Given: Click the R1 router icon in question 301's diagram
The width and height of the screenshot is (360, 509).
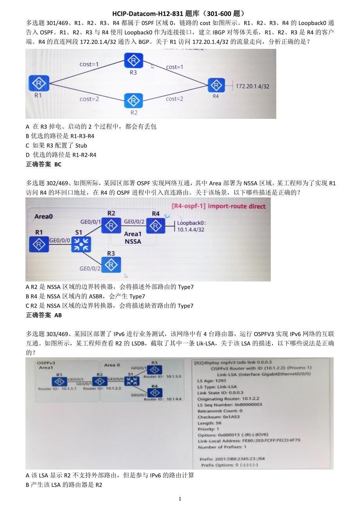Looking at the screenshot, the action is tap(39, 83).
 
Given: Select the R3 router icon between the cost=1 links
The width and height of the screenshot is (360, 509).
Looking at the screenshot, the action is tap(133, 60).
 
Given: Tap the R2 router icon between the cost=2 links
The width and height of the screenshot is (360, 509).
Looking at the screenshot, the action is tap(133, 100).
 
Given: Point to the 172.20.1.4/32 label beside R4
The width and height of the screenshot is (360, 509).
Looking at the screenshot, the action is tap(252, 86).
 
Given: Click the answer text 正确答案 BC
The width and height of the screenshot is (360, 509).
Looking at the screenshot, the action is tap(44, 164).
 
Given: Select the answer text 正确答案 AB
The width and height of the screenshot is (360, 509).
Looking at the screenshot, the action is tap(44, 315).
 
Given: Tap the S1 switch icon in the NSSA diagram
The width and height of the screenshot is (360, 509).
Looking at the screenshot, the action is tap(81, 244).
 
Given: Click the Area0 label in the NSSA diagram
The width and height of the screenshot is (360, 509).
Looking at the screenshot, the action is tap(43, 216).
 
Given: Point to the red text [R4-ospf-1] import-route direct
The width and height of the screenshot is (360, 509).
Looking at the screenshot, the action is tap(218, 206).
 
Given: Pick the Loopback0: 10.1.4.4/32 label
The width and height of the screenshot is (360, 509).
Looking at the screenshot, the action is tap(191, 226).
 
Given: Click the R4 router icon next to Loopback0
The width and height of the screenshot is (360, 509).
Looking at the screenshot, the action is tap(156, 226).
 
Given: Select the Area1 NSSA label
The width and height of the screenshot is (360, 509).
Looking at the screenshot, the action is tap(133, 238).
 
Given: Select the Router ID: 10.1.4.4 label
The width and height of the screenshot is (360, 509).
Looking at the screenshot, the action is tap(163, 399).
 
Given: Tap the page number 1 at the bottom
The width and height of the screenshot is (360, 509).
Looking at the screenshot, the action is tap(180, 498).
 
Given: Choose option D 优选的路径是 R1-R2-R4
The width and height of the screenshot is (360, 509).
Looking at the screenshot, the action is tap(61, 155).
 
